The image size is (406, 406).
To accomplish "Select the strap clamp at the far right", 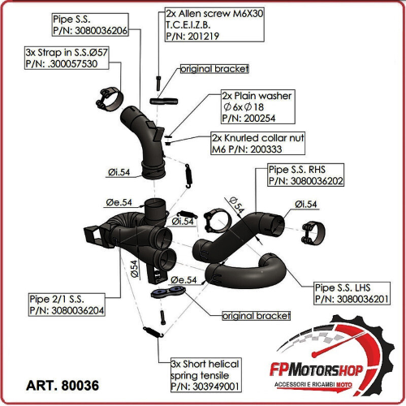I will click(313, 232).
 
